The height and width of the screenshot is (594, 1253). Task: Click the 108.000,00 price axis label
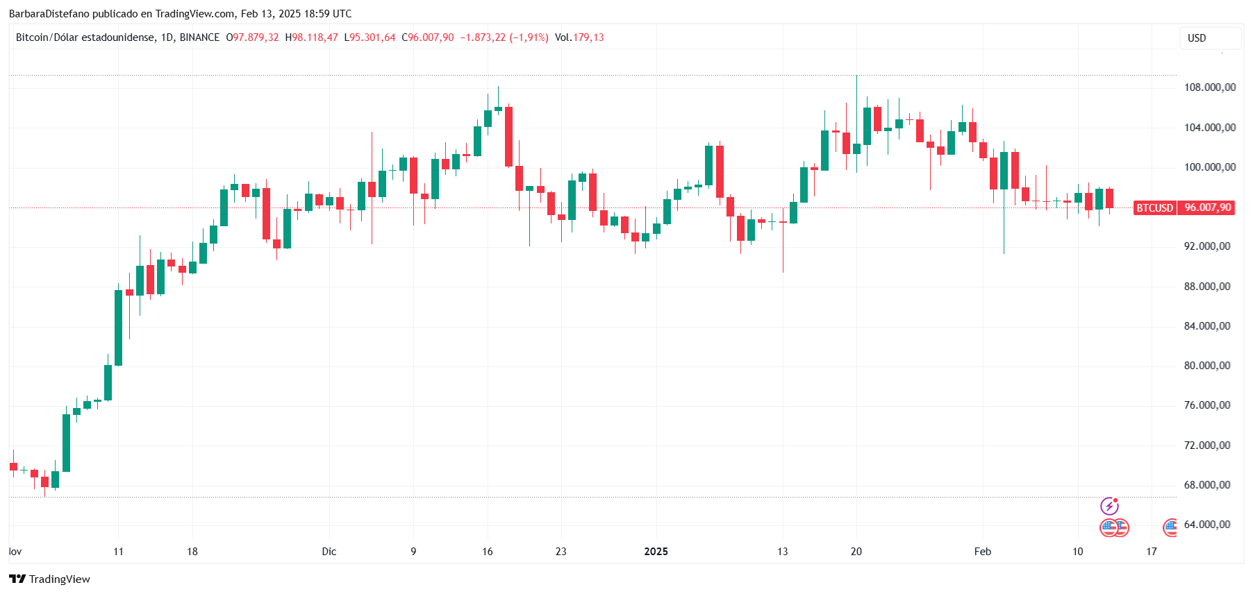click(1209, 87)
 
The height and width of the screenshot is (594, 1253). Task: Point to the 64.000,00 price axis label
click(1209, 525)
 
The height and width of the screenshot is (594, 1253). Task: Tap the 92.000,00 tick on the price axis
click(1209, 246)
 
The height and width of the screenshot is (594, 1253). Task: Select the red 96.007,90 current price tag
click(1207, 207)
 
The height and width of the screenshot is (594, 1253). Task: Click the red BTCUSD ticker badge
click(1154, 207)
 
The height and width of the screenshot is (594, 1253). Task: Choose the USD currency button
click(1197, 38)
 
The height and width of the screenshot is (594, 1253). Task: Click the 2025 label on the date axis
click(656, 552)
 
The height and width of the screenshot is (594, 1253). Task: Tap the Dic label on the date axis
click(329, 552)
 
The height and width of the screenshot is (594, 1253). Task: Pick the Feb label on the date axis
click(982, 552)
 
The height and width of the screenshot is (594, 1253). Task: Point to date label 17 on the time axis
click(1152, 552)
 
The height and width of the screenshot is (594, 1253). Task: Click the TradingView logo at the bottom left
click(50, 579)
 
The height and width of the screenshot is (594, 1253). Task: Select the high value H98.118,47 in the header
click(312, 37)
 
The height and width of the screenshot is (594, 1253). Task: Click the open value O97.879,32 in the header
click(253, 37)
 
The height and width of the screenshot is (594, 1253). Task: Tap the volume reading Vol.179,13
click(579, 37)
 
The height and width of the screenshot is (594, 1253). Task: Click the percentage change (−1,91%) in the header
click(529, 37)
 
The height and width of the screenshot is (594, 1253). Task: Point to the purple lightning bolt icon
click(1109, 506)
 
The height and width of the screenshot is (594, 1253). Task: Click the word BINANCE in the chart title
click(199, 37)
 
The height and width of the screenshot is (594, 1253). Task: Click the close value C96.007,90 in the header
click(428, 37)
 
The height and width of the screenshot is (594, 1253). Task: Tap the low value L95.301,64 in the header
click(370, 37)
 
